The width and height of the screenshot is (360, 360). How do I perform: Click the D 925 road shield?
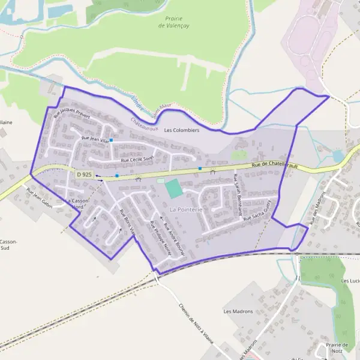click(x=84, y=174)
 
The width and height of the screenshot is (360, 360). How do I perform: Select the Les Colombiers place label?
click(x=181, y=130)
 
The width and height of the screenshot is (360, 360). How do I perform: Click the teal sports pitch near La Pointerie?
click(x=173, y=188)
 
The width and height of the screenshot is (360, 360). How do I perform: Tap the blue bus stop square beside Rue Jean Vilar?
click(x=111, y=140)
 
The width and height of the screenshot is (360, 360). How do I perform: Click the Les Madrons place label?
click(x=238, y=311)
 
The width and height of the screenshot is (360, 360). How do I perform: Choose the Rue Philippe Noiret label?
click(x=160, y=239)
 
